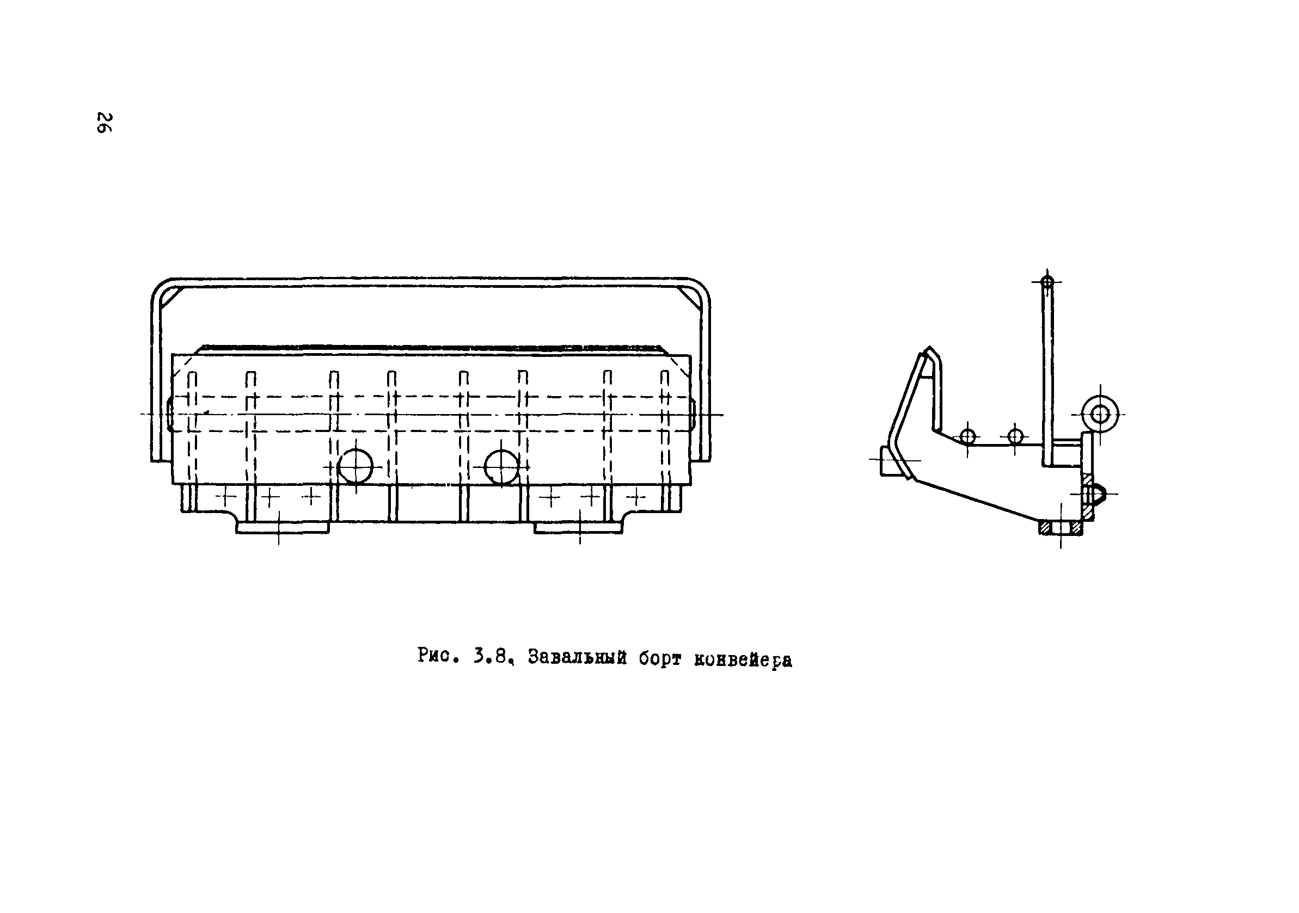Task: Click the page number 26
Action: [x=105, y=122]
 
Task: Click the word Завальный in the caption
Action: [x=577, y=657]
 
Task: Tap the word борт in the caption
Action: [x=660, y=658]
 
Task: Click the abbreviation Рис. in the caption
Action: [x=437, y=656]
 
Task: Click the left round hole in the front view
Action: [x=356, y=467]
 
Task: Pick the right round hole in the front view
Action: [x=502, y=467]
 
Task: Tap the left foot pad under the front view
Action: [x=282, y=527]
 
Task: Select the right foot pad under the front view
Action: [x=579, y=527]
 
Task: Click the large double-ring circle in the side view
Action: [x=1100, y=415]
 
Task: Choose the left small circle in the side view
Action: [x=968, y=436]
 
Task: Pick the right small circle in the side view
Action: [x=1015, y=436]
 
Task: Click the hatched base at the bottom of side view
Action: [x=1060, y=528]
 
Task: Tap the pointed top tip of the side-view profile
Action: [x=928, y=350]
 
